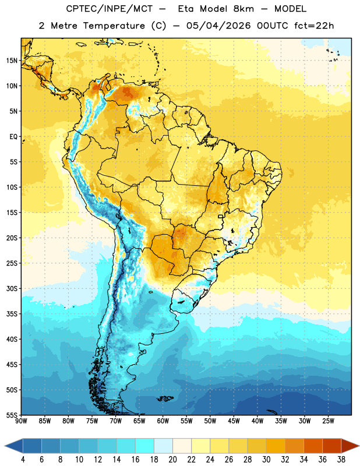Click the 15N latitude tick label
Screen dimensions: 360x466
[12, 61]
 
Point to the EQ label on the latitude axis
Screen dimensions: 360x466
[13, 137]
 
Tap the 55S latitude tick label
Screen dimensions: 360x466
[12, 415]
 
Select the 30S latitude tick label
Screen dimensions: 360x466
[12, 288]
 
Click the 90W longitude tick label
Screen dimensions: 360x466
[21, 421]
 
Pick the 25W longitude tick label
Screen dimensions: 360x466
[328, 421]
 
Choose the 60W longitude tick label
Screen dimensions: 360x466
[163, 421]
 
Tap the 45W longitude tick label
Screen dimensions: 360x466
[234, 421]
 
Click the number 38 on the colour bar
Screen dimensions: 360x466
[341, 460]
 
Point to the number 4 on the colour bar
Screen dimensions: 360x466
[23, 460]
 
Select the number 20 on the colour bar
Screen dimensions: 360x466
[172, 460]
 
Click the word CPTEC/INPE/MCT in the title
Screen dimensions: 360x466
[110, 9]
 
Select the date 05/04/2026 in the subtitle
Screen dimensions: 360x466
[218, 26]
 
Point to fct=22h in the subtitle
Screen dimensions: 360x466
[314, 26]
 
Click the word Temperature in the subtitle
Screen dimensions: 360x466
[114, 26]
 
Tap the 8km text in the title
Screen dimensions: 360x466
[243, 9]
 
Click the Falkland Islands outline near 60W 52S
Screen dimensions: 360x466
[165, 398]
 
